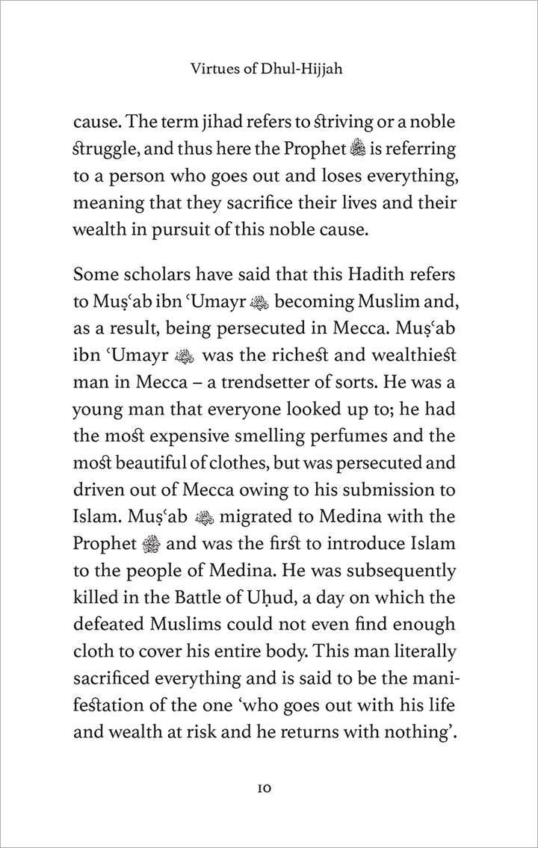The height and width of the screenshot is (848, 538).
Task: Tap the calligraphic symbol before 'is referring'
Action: point(359,151)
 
